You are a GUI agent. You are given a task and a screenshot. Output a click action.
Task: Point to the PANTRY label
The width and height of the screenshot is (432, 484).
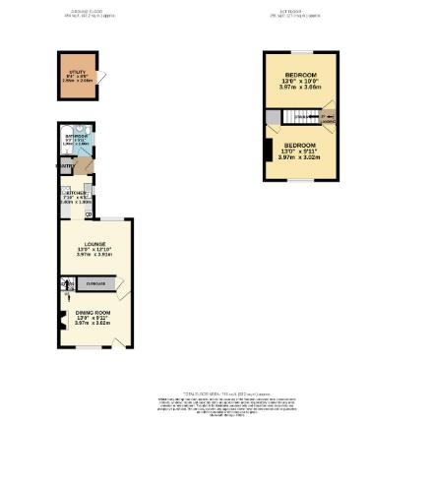pyautogui.click(x=65, y=168)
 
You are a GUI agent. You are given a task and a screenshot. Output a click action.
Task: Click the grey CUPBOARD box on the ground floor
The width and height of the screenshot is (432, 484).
pyautogui.click(x=96, y=283)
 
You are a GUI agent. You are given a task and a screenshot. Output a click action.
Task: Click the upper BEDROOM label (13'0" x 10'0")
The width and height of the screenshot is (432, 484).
pyautogui.click(x=300, y=76)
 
